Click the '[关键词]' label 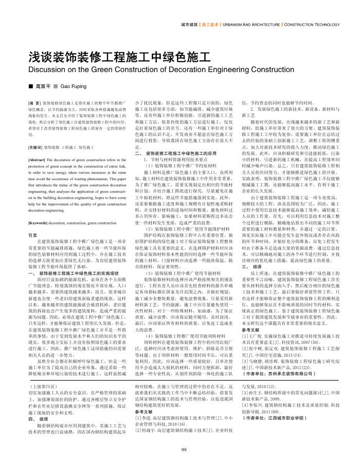35,147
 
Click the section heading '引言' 33,235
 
